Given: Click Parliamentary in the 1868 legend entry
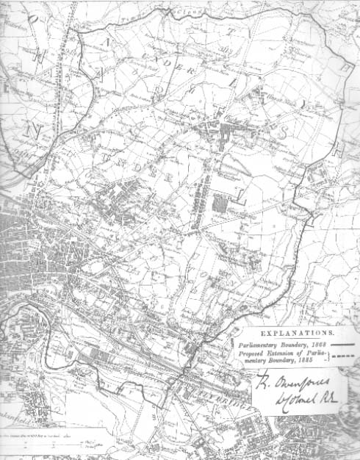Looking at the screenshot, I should click(259, 343).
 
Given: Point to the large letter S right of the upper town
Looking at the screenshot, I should click(279, 132).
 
